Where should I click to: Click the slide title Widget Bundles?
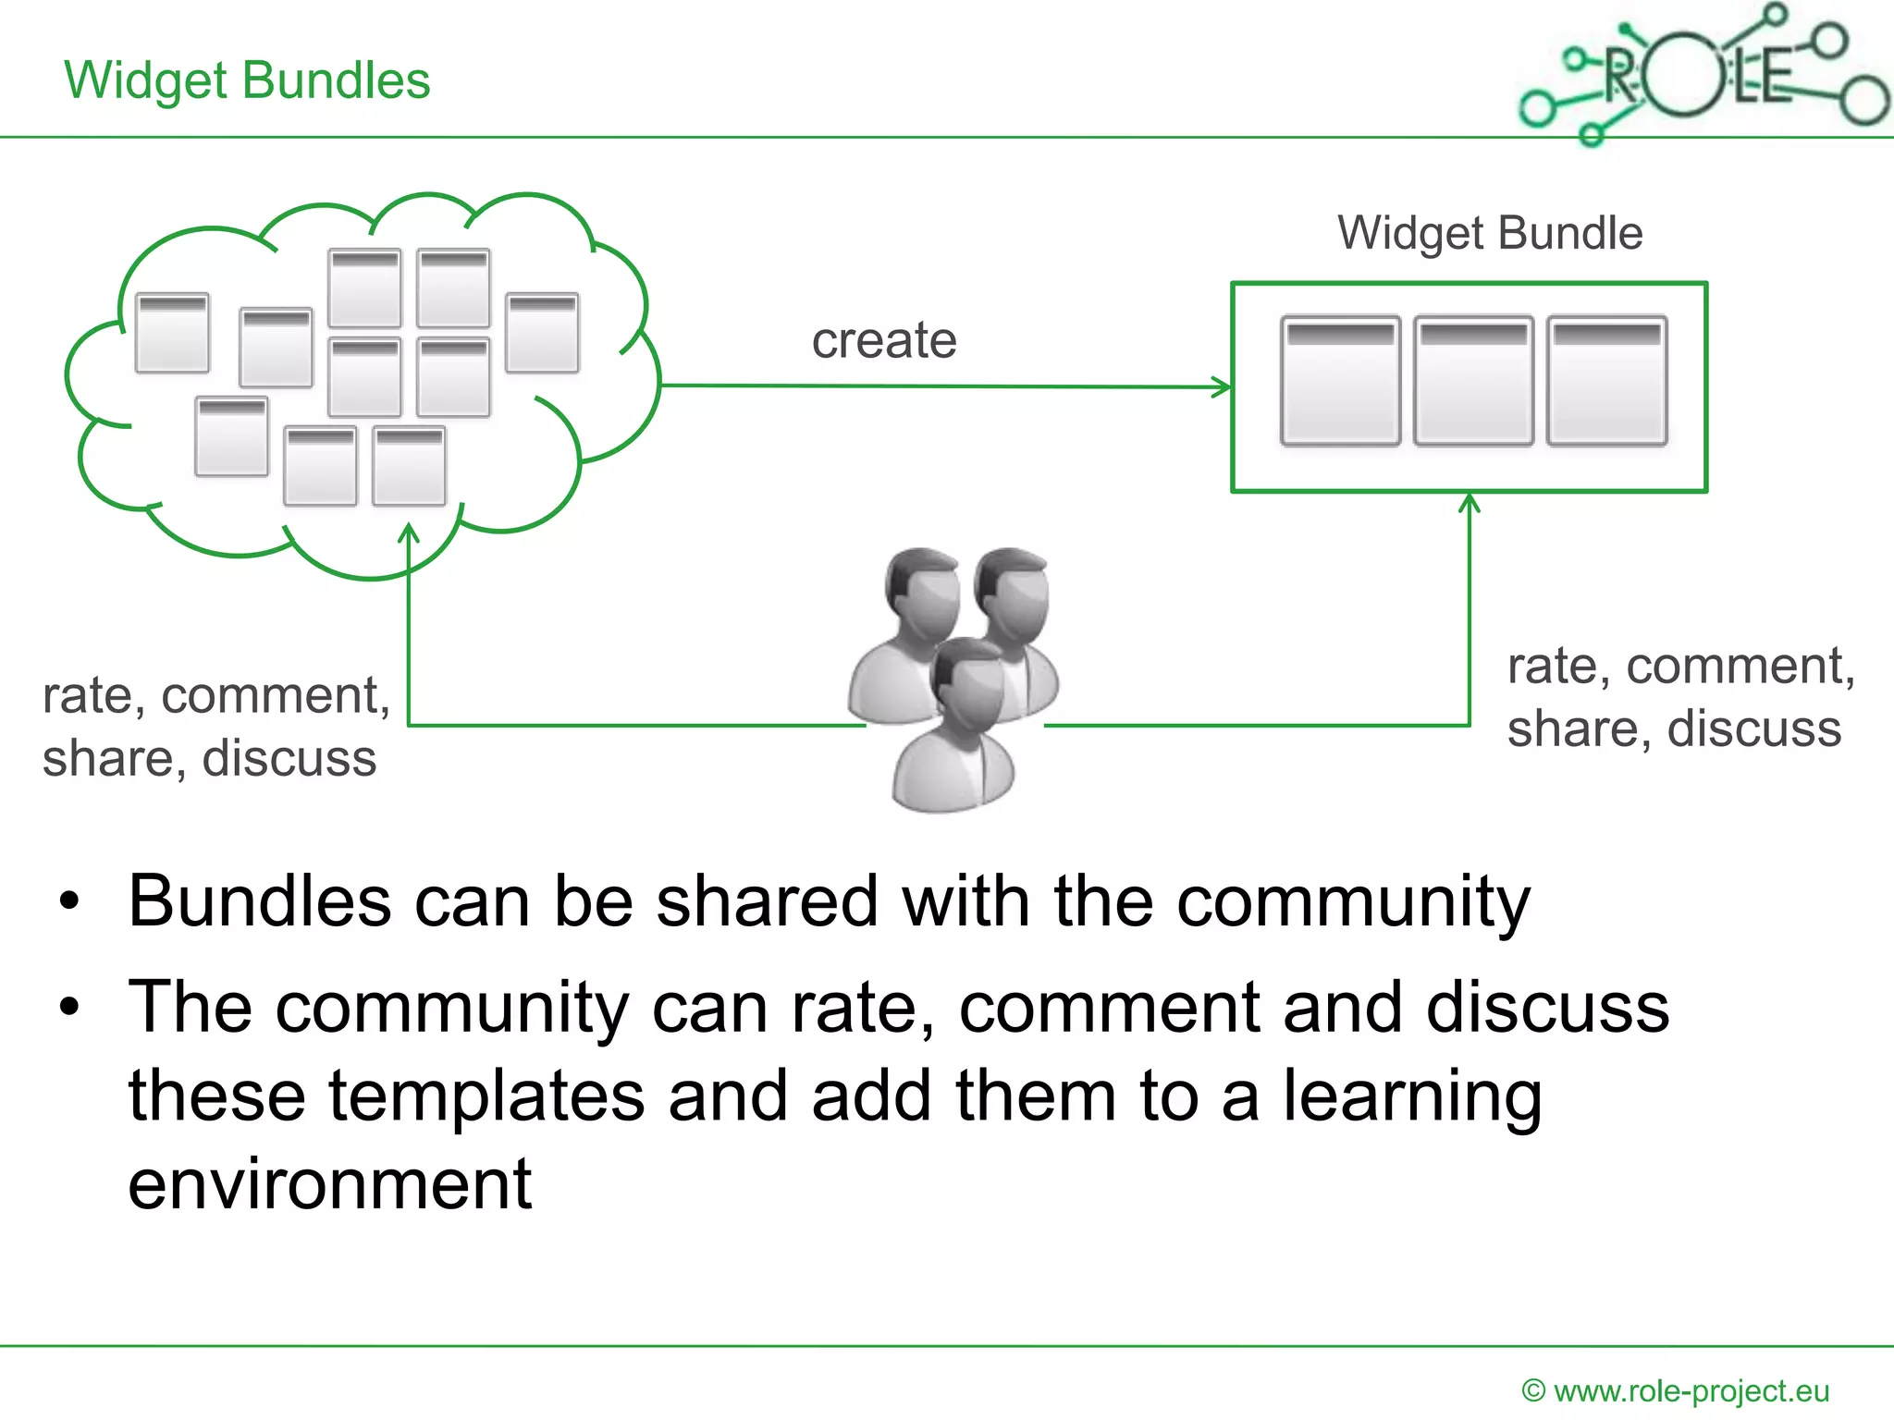click(x=247, y=80)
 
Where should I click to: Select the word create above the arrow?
click(x=883, y=340)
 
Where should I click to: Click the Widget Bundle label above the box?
click(x=1489, y=233)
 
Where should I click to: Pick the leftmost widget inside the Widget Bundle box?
click(x=1340, y=381)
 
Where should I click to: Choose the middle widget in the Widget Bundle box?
click(x=1472, y=381)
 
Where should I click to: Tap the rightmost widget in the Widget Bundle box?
click(x=1606, y=381)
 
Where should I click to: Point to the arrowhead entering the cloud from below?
click(x=409, y=533)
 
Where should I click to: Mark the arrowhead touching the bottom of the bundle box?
click(x=1469, y=502)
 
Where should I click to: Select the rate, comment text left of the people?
click(x=215, y=696)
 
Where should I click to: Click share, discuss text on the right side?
click(x=1674, y=729)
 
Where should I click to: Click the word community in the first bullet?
click(x=1352, y=902)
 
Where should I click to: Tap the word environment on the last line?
click(x=329, y=1185)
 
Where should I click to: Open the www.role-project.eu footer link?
click(x=1691, y=1391)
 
